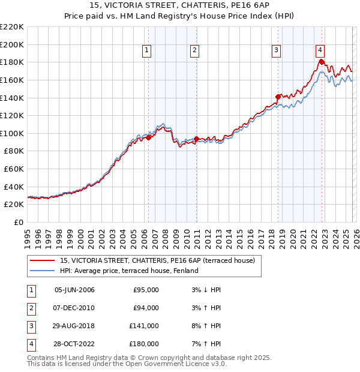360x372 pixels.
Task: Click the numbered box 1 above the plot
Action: tap(147, 51)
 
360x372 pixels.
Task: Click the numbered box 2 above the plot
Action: tap(195, 51)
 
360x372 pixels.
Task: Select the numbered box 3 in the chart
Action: tap(277, 51)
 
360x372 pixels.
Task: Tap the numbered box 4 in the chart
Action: tap(320, 51)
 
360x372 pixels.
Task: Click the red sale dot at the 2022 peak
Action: tap(322, 62)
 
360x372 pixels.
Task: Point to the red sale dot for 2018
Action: tap(278, 97)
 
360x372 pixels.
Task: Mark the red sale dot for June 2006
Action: tap(148, 137)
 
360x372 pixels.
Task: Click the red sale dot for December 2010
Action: tap(196, 139)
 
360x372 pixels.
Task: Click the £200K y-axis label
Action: tap(12, 44)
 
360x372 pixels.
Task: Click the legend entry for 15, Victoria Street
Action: tap(158, 260)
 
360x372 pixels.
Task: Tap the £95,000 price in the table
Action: tap(146, 290)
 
